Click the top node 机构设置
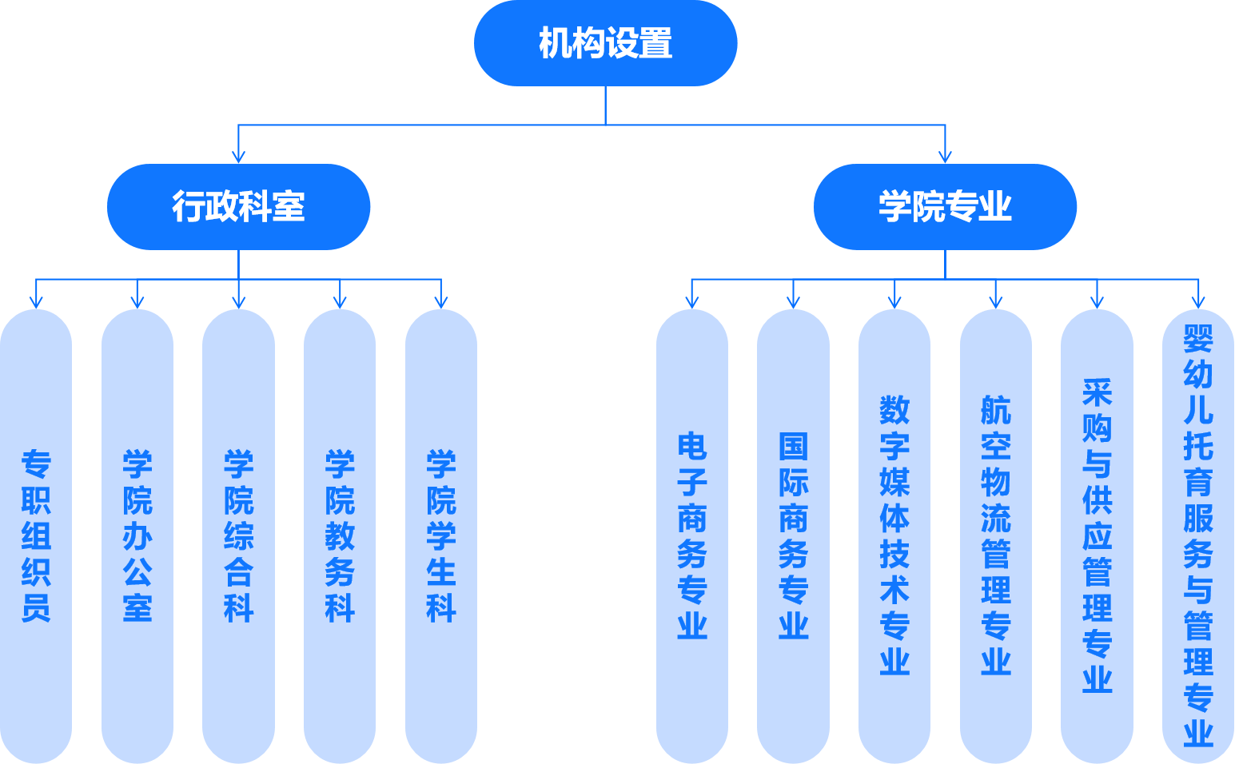point(605,43)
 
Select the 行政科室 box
point(238,207)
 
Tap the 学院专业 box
point(945,207)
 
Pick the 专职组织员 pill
point(36,535)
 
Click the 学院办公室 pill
point(137,535)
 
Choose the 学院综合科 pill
point(238,535)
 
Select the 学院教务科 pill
point(340,535)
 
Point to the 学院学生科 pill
point(441,535)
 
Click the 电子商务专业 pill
point(692,535)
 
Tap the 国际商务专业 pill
point(793,535)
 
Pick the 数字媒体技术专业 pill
point(894,535)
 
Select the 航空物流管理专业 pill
point(996,535)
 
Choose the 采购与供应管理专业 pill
point(1097,535)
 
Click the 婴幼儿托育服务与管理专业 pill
point(1198,535)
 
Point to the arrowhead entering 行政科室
point(238,156)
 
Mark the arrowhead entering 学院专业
point(946,156)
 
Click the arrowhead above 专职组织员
point(36,301)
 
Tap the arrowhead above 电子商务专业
point(692,301)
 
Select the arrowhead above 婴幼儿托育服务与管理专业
point(1198,301)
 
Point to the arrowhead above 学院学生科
point(441,301)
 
